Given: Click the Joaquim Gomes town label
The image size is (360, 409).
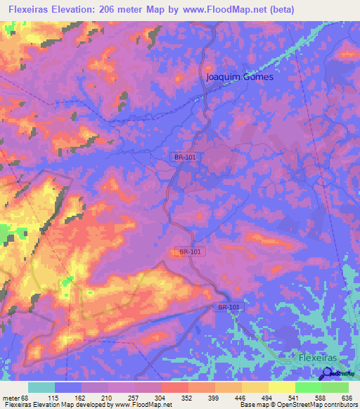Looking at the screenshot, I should click(240, 77).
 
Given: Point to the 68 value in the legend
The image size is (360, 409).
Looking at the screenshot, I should click(27, 397).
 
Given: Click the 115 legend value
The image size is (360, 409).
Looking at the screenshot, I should click(54, 397).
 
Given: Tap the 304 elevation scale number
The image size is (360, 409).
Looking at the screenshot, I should click(161, 397).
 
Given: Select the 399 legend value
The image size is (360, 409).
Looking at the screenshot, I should click(214, 397).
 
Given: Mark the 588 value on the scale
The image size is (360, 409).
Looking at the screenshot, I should click(321, 397).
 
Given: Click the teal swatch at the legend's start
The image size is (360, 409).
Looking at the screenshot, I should click(41, 387).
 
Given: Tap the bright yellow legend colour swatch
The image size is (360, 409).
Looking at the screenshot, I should click(281, 387).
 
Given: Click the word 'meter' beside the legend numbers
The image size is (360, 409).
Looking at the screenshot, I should click(10, 397).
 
